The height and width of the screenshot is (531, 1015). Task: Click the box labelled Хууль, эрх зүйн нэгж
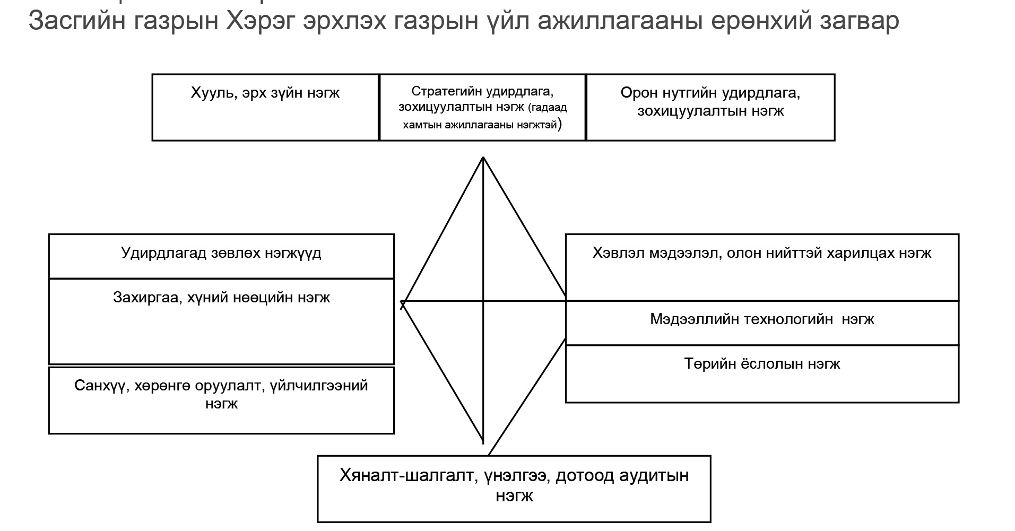[x=265, y=107]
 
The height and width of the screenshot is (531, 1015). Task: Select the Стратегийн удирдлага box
[x=483, y=107]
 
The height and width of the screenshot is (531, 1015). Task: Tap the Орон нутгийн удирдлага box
[x=710, y=107]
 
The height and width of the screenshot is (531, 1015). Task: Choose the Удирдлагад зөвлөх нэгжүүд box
[x=221, y=256]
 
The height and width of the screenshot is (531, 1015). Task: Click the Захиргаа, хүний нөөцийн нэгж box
[x=221, y=321]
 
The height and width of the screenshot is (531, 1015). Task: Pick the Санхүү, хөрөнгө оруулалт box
[x=221, y=400]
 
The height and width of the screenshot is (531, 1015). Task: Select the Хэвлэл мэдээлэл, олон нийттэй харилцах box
[x=762, y=267]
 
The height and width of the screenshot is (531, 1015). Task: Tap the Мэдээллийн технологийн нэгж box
[x=762, y=323]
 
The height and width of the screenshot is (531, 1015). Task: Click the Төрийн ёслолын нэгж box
[x=762, y=374]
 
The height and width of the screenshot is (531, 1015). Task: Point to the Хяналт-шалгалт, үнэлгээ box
[x=514, y=489]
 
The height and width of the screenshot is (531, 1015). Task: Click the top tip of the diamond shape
[x=483, y=157]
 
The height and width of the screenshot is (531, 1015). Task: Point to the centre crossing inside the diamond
[x=483, y=301]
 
